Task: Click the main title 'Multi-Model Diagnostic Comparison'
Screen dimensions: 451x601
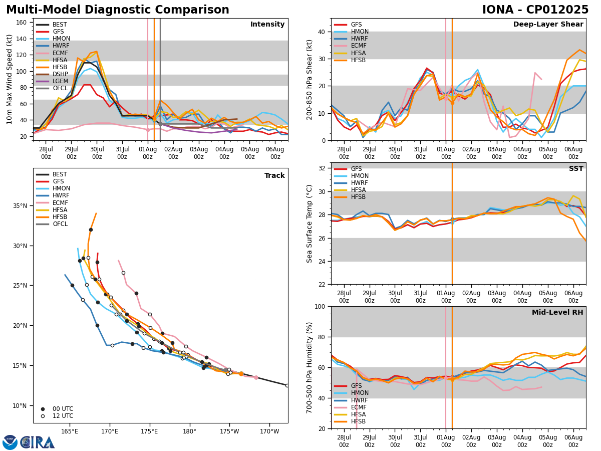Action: coord(118,10)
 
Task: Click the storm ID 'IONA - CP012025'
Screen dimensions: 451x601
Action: coord(535,10)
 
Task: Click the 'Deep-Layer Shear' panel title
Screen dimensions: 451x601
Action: coord(548,25)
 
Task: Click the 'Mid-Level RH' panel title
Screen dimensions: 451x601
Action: coord(557,313)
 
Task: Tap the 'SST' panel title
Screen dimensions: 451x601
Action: coord(576,169)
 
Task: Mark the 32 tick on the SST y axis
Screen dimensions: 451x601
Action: coord(323,168)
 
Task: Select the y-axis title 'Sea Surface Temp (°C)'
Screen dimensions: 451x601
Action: coord(310,223)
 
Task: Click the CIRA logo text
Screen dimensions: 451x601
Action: coord(38,442)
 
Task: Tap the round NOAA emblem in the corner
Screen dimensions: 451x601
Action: coord(10,442)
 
